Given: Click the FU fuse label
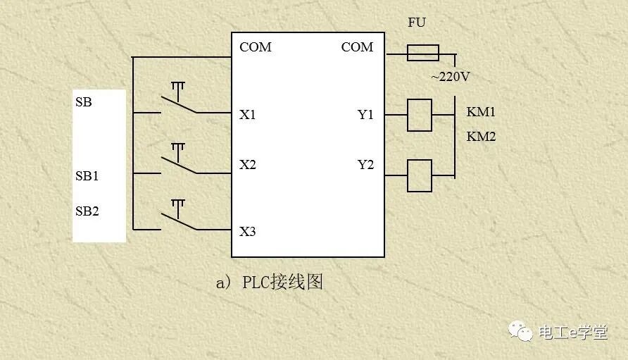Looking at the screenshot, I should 417,23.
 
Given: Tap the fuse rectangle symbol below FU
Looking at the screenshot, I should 423,53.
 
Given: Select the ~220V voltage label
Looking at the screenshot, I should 450,77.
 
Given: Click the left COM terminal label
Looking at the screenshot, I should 256,47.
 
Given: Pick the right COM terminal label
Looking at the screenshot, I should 357,47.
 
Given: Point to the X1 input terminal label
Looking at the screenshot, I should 248,114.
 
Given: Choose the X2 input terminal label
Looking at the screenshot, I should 248,165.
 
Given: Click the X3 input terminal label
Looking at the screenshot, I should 248,231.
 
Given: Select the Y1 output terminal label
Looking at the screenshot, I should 365,114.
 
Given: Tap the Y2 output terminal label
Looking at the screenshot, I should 365,165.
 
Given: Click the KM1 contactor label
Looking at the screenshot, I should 481,112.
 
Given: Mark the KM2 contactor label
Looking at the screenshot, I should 481,136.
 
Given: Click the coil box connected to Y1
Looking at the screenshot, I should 420,115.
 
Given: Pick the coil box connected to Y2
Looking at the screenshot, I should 420,175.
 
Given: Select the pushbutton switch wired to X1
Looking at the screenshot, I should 178,101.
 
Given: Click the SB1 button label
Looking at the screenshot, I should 87,176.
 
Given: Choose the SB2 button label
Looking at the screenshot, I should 87,211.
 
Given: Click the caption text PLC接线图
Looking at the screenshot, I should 282,283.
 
